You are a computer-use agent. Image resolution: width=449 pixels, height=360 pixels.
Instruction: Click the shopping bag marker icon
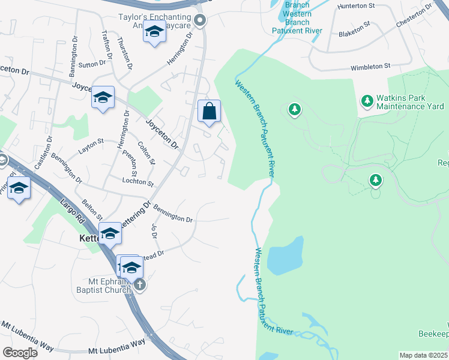(x=209, y=111)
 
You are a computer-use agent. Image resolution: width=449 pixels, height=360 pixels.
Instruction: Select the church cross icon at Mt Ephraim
(x=140, y=284)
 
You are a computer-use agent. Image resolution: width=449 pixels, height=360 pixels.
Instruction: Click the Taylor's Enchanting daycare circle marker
(x=200, y=22)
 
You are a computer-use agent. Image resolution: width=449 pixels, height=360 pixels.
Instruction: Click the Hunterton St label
(x=355, y=6)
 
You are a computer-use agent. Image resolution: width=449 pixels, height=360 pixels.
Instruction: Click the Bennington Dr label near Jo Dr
(x=173, y=214)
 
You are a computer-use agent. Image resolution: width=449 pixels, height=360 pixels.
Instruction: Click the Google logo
(x=20, y=352)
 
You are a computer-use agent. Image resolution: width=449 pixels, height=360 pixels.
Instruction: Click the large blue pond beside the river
(x=284, y=256)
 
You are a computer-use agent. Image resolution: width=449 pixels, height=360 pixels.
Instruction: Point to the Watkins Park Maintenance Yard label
(x=410, y=103)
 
